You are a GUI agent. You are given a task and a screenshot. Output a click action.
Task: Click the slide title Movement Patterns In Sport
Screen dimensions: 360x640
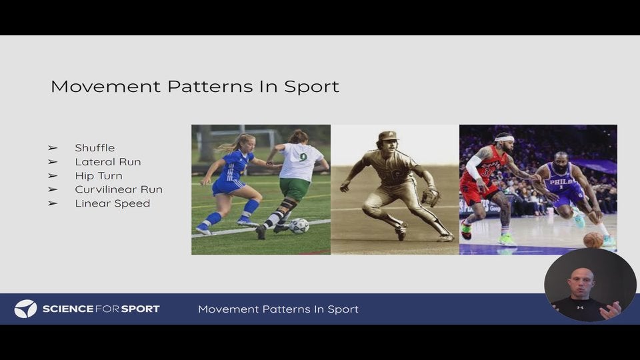point(195,87)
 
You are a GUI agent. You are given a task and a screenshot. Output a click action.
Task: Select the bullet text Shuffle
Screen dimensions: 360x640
point(95,148)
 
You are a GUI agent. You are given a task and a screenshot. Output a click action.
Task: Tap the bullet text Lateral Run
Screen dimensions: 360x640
point(108,162)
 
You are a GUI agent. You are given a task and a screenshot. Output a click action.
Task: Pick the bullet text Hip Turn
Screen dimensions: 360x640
point(99,176)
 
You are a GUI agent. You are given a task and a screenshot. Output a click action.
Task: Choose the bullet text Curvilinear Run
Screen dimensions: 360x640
point(119,189)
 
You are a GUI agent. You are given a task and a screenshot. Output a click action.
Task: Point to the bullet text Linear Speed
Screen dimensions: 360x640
point(113,203)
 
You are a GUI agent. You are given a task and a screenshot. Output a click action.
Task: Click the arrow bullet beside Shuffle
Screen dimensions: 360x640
point(53,148)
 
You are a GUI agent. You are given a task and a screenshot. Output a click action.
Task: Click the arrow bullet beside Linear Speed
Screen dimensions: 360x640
point(53,203)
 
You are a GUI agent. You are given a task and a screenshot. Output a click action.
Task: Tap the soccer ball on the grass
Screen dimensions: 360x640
point(299,226)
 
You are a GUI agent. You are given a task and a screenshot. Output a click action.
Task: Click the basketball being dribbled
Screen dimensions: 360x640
point(593,240)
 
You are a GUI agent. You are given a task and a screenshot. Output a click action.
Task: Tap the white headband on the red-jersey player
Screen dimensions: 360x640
point(505,139)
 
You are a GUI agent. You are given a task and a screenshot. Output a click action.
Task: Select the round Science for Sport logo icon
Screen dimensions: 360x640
point(25,309)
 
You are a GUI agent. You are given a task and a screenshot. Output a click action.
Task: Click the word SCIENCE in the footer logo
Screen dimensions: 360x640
point(67,309)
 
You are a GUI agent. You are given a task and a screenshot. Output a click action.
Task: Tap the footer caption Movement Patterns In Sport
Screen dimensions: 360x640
point(278,309)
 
